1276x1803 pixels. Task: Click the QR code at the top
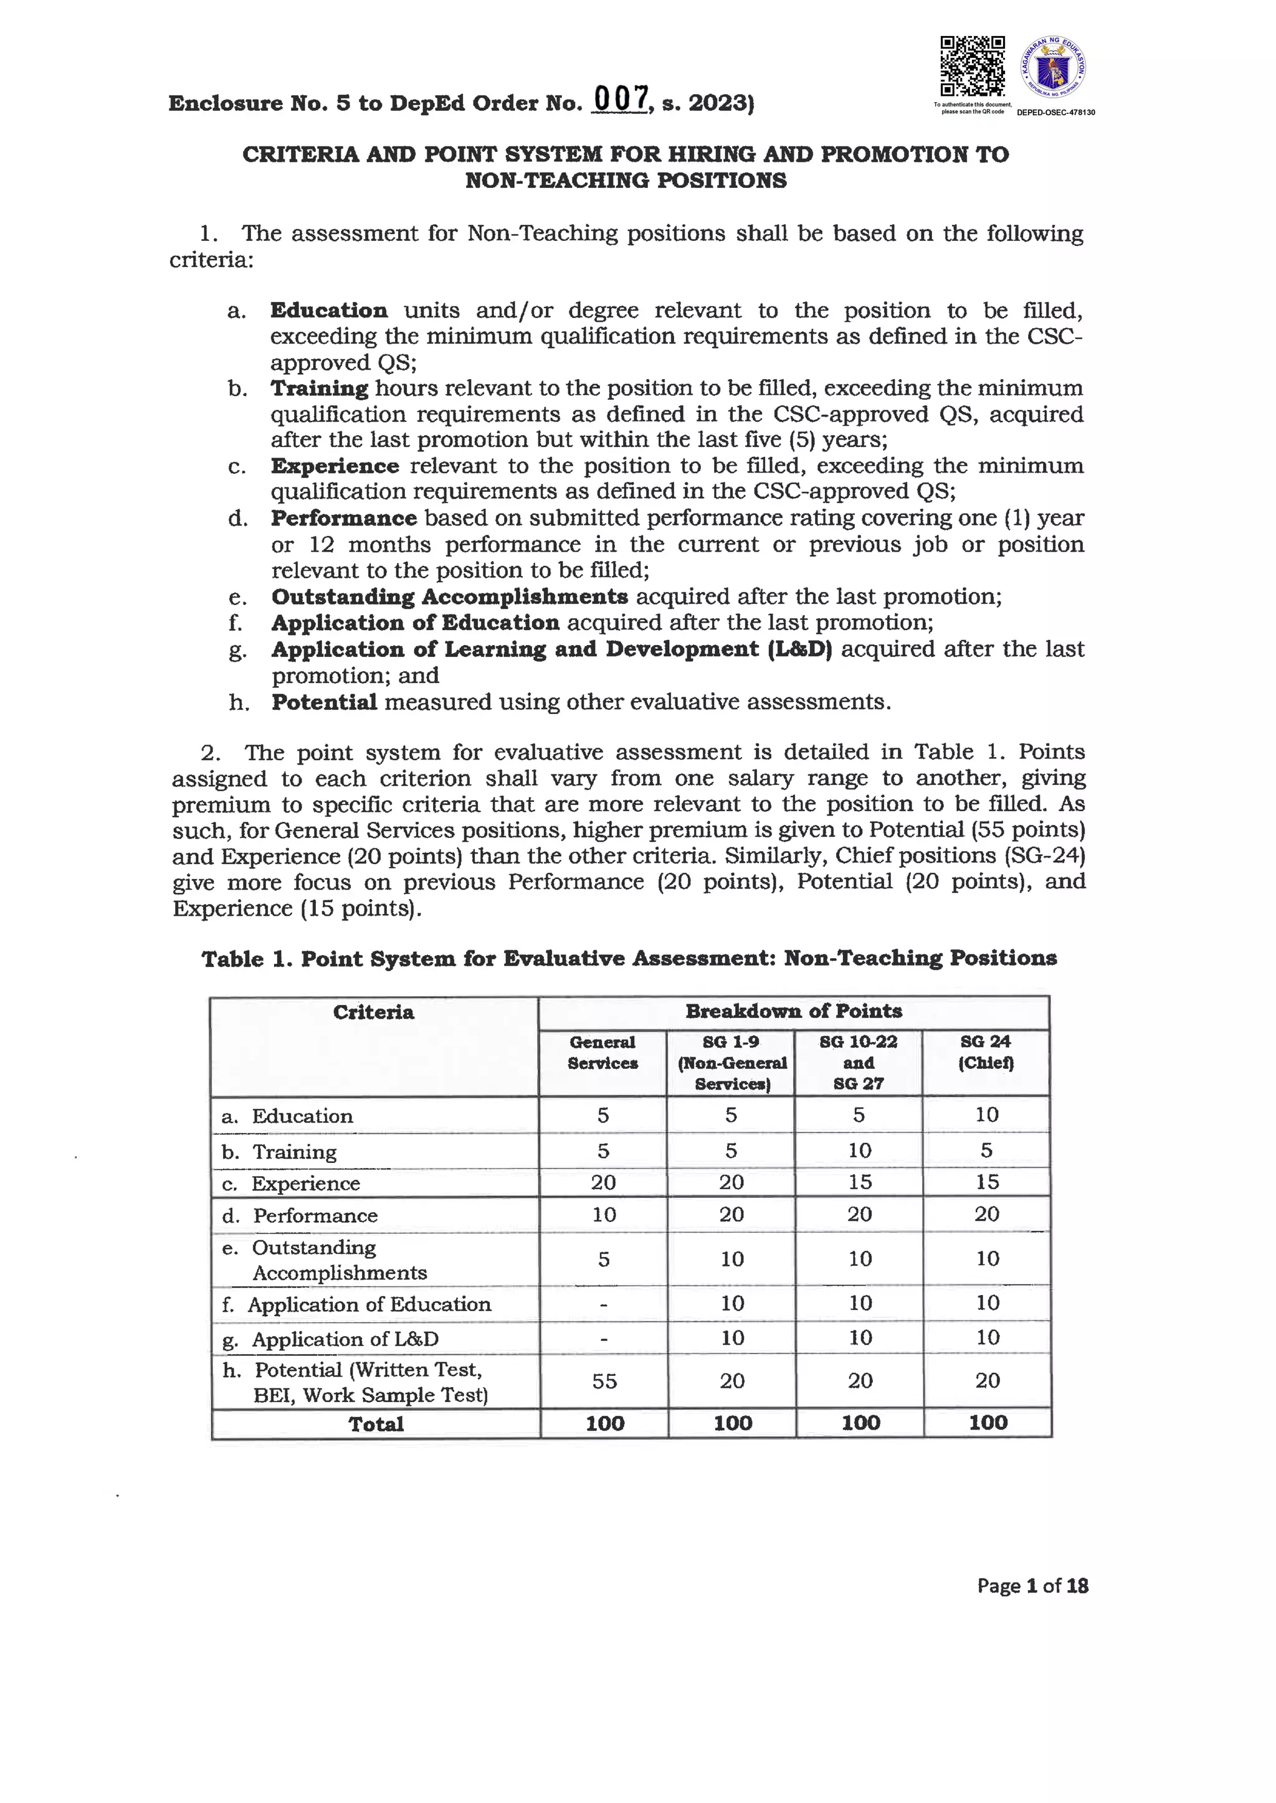tap(973, 67)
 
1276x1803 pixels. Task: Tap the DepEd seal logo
tap(1053, 68)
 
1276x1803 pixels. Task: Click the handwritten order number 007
tap(621, 100)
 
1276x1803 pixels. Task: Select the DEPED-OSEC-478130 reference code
tap(1055, 112)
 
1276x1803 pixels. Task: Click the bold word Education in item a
tap(328, 310)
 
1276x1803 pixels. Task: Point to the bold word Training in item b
tap(319, 388)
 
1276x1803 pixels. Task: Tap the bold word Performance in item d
tap(343, 518)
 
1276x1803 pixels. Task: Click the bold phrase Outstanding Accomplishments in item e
tap(449, 597)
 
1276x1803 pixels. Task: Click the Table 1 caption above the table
tap(629, 958)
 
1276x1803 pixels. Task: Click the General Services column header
tap(602, 1052)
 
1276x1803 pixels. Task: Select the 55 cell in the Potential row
tap(604, 1380)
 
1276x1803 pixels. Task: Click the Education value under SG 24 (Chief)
tap(986, 1114)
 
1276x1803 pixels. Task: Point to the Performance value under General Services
tap(604, 1214)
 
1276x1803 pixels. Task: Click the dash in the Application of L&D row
tap(604, 1338)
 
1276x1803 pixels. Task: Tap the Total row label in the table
tap(376, 1424)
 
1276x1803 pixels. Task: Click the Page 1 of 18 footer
tap(1032, 1586)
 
